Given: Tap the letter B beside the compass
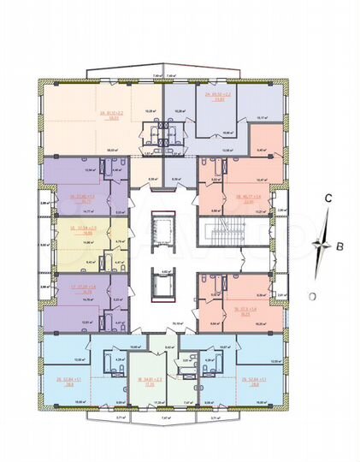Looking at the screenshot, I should coord(341,247).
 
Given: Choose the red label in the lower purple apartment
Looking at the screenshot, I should coord(84,289).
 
